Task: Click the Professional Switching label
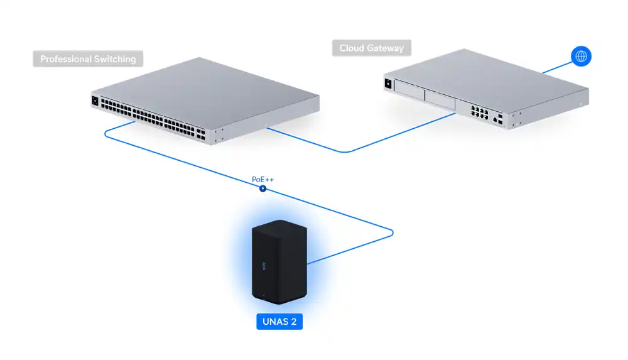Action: pos(88,59)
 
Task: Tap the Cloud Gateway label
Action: pos(371,48)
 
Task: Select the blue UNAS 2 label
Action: pos(279,322)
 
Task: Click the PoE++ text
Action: pos(263,180)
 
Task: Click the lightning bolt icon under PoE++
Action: pos(263,188)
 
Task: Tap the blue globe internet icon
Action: pos(581,57)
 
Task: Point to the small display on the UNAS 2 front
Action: pos(264,266)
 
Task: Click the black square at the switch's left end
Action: pos(95,100)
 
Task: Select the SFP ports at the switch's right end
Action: pos(200,133)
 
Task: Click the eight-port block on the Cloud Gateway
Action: pos(479,113)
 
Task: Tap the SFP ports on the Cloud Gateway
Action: pos(499,117)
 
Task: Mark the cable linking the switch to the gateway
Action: pos(345,151)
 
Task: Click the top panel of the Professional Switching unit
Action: pos(207,85)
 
